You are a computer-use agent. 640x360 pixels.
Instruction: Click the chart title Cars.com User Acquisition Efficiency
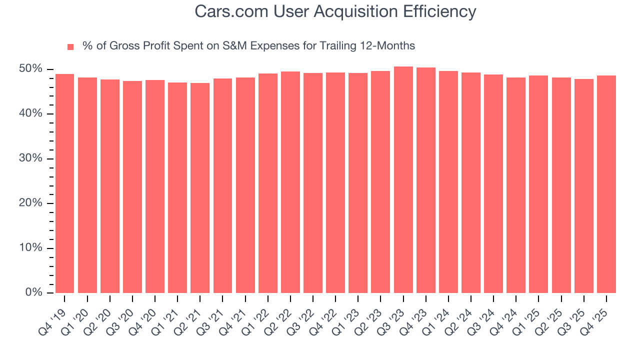(x=335, y=11)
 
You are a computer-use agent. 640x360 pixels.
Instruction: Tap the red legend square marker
(x=70, y=46)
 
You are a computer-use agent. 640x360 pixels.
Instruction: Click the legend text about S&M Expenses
(x=248, y=46)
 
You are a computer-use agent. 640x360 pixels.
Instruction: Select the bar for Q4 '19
(x=64, y=183)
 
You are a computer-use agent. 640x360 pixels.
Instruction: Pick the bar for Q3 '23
(x=403, y=180)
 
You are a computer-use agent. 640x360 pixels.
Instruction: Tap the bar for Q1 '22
(x=267, y=183)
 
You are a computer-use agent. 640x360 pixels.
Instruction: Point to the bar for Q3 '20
(x=132, y=187)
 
